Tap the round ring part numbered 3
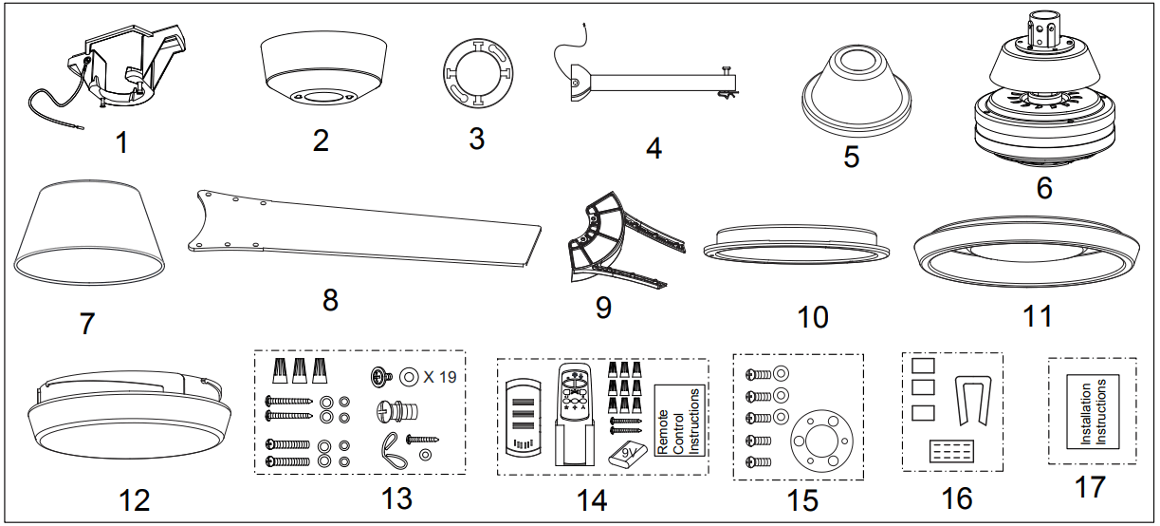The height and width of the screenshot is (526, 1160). point(476,79)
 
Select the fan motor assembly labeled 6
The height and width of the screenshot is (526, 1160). point(1043,104)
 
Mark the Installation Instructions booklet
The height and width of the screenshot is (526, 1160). point(1092,411)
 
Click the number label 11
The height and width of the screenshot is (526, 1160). point(1038,316)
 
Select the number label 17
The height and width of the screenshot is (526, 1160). point(1089,487)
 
